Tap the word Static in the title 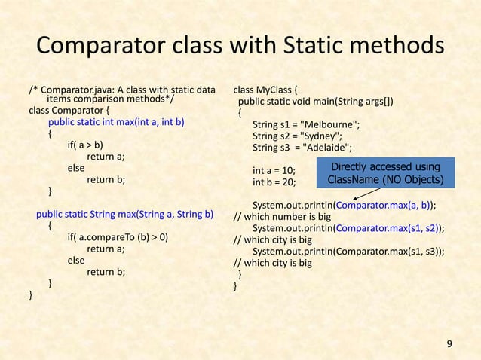click(320, 47)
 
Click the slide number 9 click(450, 344)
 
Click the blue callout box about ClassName click(386, 174)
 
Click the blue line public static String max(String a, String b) click(125, 212)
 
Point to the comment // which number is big click(273, 217)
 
